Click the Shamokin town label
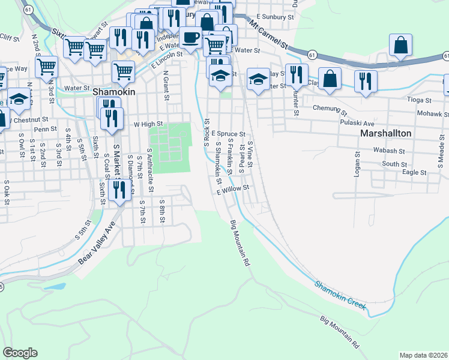[115, 92]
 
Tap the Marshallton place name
[385, 133]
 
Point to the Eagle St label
[415, 172]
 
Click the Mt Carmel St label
[268, 37]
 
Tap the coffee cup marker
[191, 37]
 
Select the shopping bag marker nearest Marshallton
[330, 78]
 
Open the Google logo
[20, 353]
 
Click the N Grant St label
[164, 85]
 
